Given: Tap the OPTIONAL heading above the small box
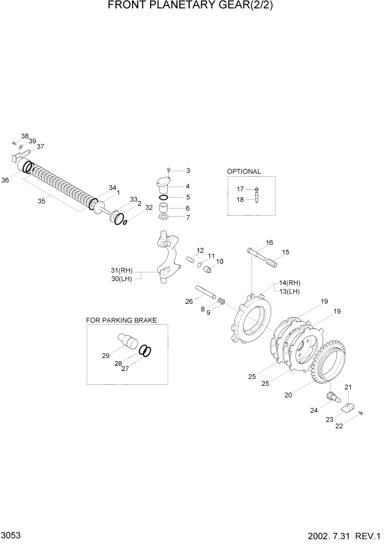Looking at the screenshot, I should pyautogui.click(x=244, y=171).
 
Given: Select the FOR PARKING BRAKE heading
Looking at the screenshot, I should pyautogui.click(x=122, y=320).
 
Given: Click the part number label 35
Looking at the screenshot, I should pyautogui.click(x=41, y=201).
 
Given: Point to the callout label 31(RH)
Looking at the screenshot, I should pyautogui.click(x=122, y=270).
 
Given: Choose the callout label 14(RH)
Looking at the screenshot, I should pyautogui.click(x=290, y=282).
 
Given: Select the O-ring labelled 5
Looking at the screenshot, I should pyautogui.click(x=164, y=196).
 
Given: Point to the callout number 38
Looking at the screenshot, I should pyautogui.click(x=25, y=136).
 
